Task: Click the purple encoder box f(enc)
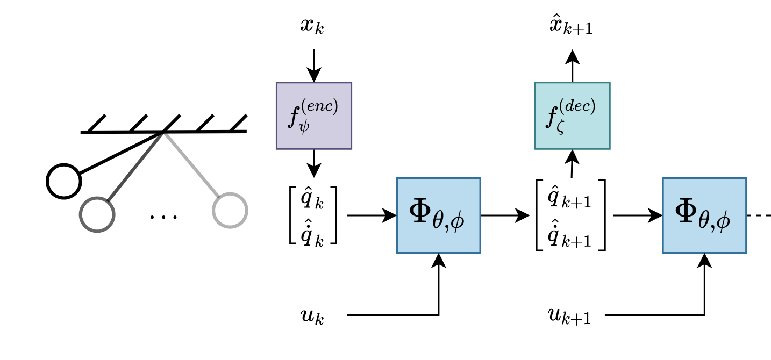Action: point(313,115)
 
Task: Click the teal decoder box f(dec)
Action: point(572,115)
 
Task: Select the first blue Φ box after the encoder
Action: point(438,215)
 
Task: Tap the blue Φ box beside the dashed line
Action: point(704,215)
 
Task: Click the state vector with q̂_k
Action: point(313,215)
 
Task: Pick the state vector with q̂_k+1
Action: point(571,215)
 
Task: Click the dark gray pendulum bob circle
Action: point(97,214)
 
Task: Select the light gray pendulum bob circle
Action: point(230,210)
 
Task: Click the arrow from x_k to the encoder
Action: point(313,64)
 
